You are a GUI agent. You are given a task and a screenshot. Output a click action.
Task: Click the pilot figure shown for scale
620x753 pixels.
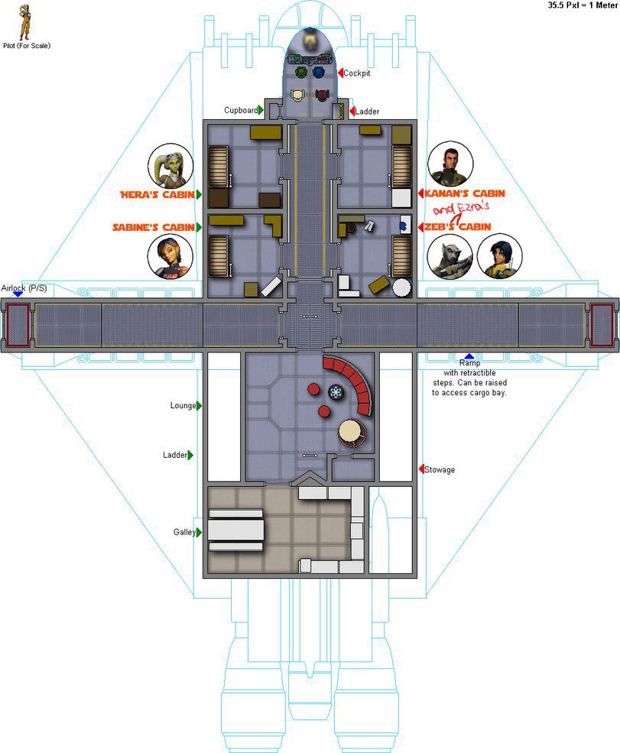24,23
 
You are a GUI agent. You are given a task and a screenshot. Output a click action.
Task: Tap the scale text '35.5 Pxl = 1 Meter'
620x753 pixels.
583,5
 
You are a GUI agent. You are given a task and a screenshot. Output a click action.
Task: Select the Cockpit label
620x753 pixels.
357,73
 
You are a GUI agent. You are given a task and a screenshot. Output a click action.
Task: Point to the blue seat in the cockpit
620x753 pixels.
319,73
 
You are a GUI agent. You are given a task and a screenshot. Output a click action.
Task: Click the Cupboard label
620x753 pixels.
241,110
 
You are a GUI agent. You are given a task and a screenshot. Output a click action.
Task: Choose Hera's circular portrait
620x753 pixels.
170,166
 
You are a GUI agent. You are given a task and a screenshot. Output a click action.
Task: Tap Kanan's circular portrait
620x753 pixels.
450,164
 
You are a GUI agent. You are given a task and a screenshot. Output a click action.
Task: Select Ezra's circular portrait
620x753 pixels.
499,256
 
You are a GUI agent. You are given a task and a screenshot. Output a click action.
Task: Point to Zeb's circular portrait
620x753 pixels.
450,256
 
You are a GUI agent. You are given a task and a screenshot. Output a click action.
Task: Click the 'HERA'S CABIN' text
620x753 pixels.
157,194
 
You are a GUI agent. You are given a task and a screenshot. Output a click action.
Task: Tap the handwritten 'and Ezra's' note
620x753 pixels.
460,209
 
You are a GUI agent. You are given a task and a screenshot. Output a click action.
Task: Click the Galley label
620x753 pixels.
184,532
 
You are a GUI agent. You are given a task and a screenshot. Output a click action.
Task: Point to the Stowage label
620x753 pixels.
440,469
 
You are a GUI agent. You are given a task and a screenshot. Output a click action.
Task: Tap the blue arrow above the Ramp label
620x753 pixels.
469,356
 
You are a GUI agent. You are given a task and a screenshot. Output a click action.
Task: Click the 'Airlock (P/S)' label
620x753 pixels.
24,288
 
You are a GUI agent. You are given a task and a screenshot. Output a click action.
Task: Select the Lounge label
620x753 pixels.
183,405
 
